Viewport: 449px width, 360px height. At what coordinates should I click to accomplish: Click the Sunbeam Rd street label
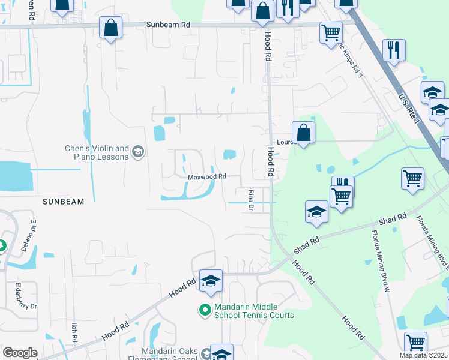coord(168,25)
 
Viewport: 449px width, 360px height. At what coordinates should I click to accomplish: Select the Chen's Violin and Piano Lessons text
coord(97,152)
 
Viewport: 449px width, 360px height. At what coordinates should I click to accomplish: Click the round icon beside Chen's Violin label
coord(139,152)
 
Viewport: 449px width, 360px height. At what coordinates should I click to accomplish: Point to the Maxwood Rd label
coord(207,176)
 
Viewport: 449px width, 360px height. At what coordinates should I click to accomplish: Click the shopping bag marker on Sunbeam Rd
coord(111,27)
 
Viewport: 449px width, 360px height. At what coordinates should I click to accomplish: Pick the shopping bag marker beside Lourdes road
coord(304,133)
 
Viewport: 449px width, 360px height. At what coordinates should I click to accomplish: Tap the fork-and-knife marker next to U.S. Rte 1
coord(394,50)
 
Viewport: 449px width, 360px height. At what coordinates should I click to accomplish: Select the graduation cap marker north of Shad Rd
coord(316,211)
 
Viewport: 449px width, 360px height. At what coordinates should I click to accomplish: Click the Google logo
coord(20,353)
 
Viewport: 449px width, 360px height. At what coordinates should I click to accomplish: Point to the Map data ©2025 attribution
coord(423,355)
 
